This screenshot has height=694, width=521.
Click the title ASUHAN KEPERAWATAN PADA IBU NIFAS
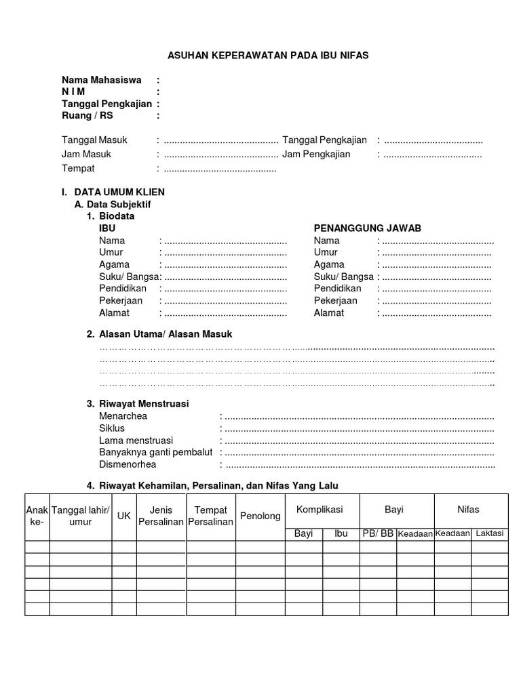pos(268,56)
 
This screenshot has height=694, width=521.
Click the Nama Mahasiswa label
pos(102,80)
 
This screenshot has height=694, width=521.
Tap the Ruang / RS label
pos(88,116)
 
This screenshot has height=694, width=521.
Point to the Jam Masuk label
pos(86,154)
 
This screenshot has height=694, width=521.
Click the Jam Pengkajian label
pos(316,154)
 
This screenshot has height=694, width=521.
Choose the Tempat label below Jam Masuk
pos(79,168)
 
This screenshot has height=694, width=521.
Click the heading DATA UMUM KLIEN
pos(119,192)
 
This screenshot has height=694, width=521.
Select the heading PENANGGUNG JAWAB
pos(368,228)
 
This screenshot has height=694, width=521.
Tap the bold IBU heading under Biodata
pos(107,228)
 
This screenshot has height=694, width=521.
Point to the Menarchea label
pos(123,416)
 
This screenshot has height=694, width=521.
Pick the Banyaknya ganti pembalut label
pos(156,452)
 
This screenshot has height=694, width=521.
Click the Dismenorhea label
pos(128,465)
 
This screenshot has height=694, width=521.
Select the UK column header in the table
pos(124,516)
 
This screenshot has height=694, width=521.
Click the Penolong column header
pos(260,516)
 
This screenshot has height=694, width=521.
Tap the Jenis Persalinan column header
pos(161,516)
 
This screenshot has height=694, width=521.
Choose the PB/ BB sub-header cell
pos(378,533)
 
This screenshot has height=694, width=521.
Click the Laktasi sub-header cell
pos(489,533)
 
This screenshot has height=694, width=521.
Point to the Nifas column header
pos(468,509)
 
